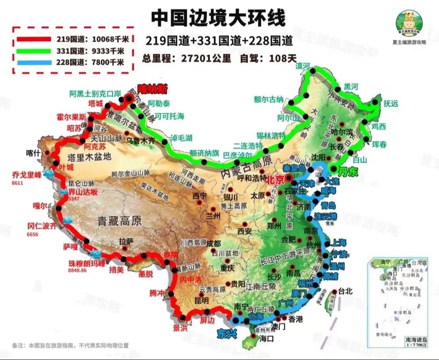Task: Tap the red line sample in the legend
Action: (34, 39)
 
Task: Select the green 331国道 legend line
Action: (34, 50)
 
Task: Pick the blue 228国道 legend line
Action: (34, 62)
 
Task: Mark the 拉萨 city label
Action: (127, 241)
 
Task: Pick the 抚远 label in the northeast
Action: (391, 103)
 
